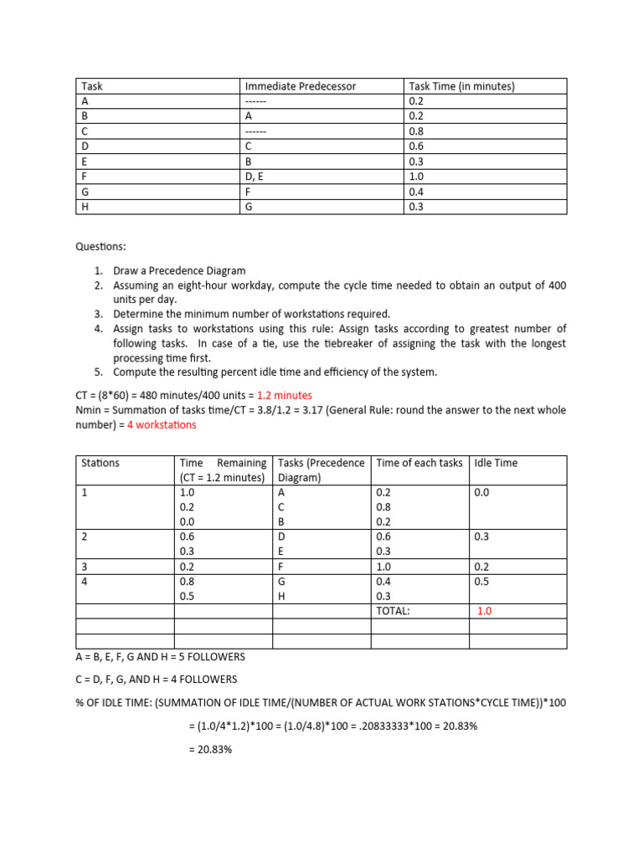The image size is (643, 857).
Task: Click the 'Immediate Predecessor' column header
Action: [x=300, y=86]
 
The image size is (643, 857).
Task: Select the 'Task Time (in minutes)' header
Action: [x=461, y=86]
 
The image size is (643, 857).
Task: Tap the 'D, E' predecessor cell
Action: [x=255, y=177]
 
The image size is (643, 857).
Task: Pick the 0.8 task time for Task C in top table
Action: [x=415, y=131]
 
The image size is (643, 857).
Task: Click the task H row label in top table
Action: [x=85, y=207]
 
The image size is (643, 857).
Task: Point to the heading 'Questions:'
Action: [x=103, y=247]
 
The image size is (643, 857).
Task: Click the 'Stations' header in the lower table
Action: [x=100, y=463]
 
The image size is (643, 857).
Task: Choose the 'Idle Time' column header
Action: [x=496, y=463]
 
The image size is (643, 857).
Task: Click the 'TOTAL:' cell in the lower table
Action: [x=393, y=611]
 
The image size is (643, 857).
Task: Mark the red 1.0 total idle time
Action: [x=485, y=611]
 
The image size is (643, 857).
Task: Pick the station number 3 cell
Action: [x=84, y=567]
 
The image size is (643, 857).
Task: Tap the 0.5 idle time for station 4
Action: [x=481, y=582]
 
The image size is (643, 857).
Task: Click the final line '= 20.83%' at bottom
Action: [x=210, y=750]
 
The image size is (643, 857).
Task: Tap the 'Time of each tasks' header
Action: [x=419, y=463]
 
